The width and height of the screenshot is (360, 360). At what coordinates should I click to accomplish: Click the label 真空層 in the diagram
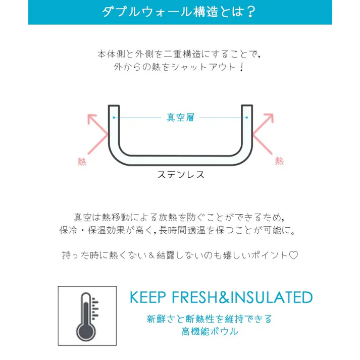(x=180, y=118)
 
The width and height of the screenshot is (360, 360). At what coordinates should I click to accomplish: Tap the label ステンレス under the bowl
(x=180, y=175)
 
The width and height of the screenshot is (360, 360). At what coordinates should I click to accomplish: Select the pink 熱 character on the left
(x=82, y=162)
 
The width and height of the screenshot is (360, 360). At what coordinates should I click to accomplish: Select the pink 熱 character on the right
(x=279, y=161)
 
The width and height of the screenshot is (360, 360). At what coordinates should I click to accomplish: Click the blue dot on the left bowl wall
(x=114, y=118)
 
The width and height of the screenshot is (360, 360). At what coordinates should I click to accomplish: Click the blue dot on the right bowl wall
(x=246, y=118)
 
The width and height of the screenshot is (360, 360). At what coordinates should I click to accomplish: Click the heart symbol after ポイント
(x=294, y=255)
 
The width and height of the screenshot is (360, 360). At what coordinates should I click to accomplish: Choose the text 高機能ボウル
(x=210, y=332)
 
